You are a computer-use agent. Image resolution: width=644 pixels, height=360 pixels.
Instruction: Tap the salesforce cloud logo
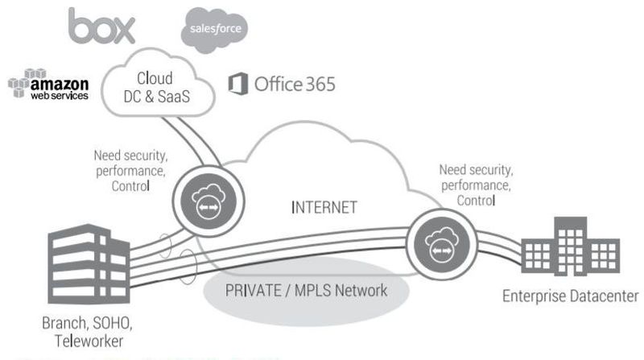pyautogui.click(x=214, y=29)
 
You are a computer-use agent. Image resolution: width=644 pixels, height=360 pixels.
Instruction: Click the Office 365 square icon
pyautogui.click(x=237, y=83)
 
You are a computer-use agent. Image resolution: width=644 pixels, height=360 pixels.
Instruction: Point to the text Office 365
pyautogui.click(x=295, y=83)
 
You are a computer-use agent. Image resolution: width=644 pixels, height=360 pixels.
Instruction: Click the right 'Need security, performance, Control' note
pyautogui.click(x=477, y=185)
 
